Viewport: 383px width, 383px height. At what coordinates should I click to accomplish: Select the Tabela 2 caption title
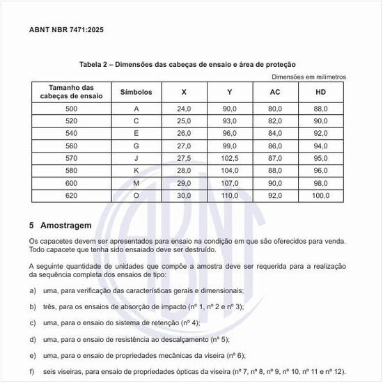point(189,64)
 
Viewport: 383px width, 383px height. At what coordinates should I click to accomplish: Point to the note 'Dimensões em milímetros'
point(308,77)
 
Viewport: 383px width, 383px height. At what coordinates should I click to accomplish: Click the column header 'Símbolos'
point(136,93)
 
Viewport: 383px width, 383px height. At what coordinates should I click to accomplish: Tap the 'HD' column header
point(320,93)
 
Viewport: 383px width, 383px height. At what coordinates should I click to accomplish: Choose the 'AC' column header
point(275,93)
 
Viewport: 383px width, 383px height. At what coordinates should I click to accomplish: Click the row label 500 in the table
point(72,109)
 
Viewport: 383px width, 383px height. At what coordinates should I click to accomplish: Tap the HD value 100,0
point(320,196)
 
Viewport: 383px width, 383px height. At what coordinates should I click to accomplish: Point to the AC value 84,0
point(275,134)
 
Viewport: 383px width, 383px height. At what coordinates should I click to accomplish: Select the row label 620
point(72,196)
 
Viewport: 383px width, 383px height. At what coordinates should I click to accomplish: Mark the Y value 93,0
point(230,121)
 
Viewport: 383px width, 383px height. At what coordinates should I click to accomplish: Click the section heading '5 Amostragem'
point(61,226)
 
